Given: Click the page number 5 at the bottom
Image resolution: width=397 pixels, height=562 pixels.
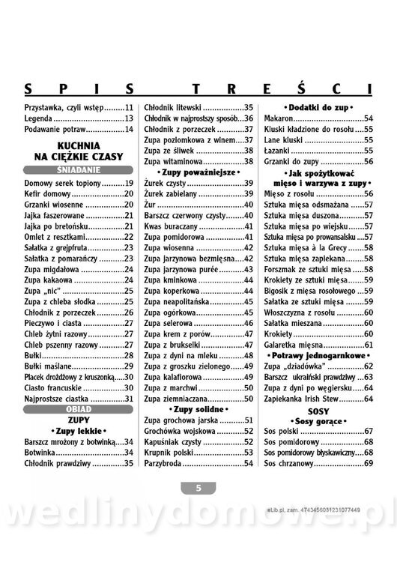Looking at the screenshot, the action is pos(198,487).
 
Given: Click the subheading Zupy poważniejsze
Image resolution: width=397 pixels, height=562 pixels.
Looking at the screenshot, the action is pos(198,172).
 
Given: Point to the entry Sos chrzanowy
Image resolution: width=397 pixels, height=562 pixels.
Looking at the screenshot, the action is pos(291,465).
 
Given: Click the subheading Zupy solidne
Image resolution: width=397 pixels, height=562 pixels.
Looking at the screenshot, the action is pos(198,410).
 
